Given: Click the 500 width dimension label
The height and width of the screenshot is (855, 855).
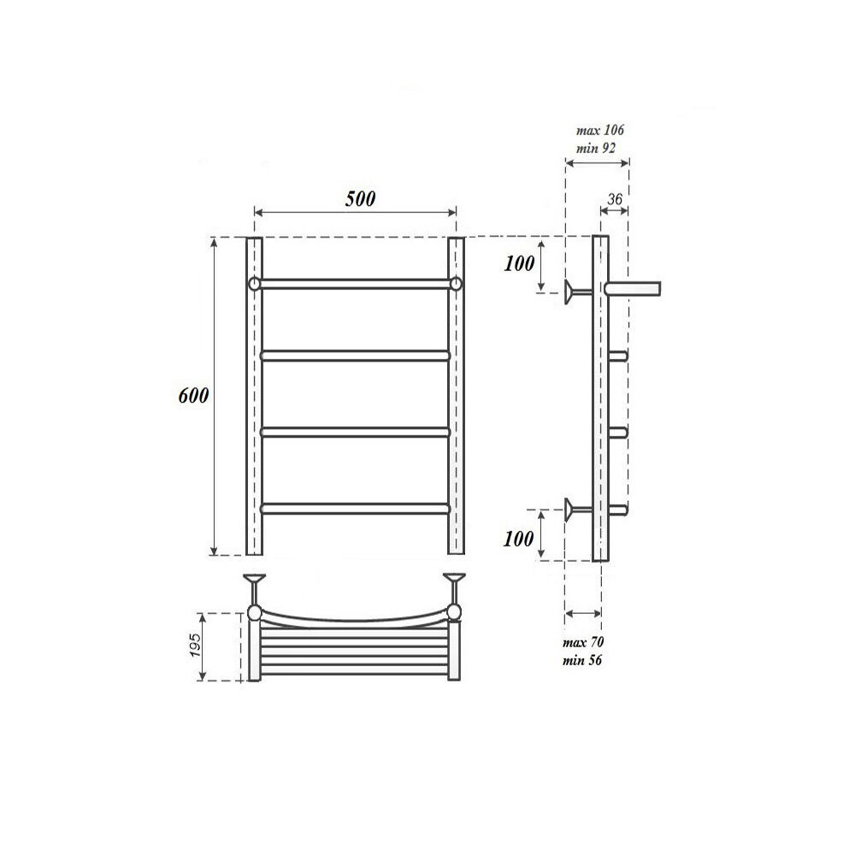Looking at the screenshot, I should coord(360,199).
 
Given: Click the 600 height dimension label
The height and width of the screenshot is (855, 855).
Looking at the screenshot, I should coord(193,397).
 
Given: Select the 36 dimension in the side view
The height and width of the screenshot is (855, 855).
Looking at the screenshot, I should coord(613,199).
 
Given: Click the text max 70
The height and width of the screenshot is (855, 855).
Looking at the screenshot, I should coord(585,642).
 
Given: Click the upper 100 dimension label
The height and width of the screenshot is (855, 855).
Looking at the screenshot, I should coord(519,264).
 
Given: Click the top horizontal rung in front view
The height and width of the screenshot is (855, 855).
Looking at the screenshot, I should coord(355,283).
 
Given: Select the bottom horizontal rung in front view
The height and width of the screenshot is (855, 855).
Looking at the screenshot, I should coord(355,508).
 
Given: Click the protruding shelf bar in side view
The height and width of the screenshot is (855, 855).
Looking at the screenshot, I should coord(634,288).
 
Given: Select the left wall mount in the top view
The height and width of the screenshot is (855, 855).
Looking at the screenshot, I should coord(255,586).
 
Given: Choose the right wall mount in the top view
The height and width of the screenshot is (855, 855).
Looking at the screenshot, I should coord(455,586).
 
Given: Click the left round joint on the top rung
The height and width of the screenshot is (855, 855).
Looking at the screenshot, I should coord(254,283).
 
